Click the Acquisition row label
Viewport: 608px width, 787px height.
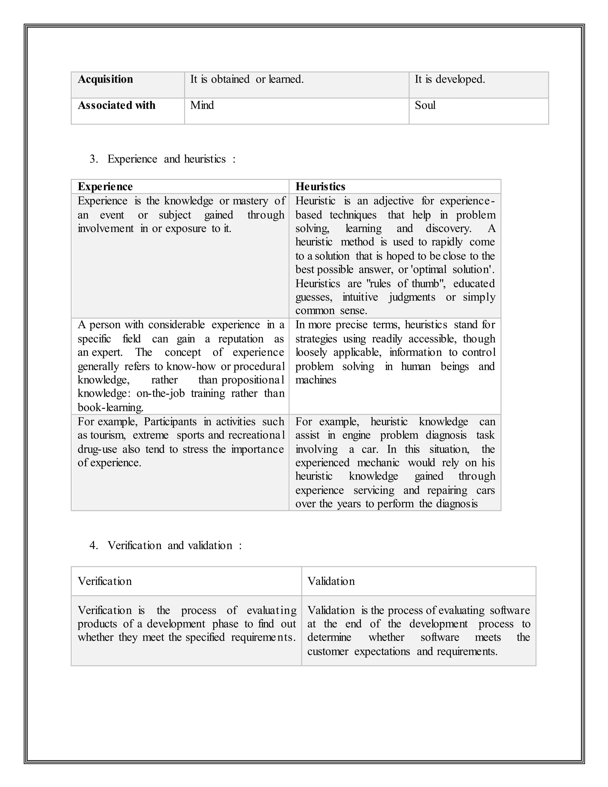[x=105, y=79]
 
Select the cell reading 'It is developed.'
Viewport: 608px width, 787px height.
[x=449, y=79]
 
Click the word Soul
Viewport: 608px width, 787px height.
[x=425, y=105]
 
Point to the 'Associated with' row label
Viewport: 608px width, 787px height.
[x=116, y=105]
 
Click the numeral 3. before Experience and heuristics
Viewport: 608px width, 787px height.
[x=94, y=159]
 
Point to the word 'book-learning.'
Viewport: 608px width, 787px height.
[x=110, y=407]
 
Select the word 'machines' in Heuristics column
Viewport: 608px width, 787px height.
[x=316, y=380]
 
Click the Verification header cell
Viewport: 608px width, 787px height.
[x=105, y=581]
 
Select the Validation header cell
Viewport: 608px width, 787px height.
[x=331, y=581]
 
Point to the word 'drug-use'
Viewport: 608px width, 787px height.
[x=97, y=449]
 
